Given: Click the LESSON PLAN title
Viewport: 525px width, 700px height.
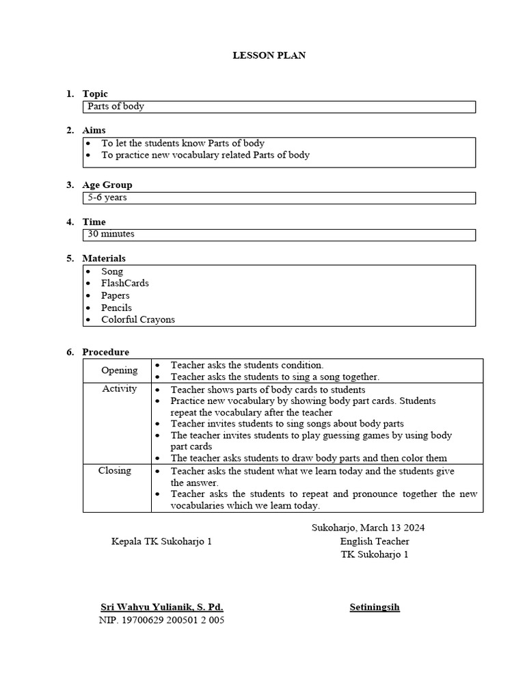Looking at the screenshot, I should tap(269, 55).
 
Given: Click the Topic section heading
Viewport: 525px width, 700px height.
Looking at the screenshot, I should tap(95, 94).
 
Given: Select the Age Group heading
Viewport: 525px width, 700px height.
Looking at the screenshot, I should tap(107, 185).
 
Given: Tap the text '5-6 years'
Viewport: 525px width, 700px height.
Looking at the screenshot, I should tap(107, 198).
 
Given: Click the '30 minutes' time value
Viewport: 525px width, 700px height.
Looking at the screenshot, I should tap(111, 234).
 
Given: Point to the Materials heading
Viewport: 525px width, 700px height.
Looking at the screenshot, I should tap(104, 258).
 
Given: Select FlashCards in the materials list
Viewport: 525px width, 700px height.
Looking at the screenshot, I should tap(125, 283).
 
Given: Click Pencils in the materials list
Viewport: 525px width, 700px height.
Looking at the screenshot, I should tap(116, 308).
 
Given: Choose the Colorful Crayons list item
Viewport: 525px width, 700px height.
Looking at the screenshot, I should tap(138, 319).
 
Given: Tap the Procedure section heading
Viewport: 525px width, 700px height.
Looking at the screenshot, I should tap(105, 352).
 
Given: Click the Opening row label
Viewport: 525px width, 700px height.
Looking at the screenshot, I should tap(120, 371).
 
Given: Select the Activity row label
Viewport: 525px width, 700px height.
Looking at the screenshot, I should tap(120, 388).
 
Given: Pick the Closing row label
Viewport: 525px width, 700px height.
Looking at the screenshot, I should tap(115, 471).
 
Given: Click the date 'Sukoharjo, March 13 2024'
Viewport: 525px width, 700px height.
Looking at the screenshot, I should tap(373, 528).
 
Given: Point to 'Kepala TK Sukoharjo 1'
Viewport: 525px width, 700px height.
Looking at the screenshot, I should tap(162, 541).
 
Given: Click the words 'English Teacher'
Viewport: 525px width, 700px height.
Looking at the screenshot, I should tap(375, 541).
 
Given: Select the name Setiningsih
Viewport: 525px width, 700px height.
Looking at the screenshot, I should tap(375, 607).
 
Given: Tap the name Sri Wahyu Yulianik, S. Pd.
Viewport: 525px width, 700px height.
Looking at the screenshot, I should tap(162, 607).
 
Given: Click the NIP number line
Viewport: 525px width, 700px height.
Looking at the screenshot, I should tap(161, 620).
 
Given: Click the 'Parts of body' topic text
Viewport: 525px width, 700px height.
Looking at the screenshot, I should tap(116, 107).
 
